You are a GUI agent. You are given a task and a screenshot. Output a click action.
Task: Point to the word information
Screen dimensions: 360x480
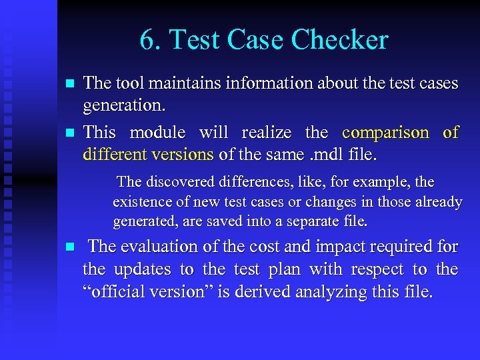tap(254, 83)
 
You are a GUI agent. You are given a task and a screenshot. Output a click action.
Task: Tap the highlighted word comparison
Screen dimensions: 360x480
tap(385, 132)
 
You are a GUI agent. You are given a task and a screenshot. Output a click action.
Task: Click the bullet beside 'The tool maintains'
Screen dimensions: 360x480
tap(67, 84)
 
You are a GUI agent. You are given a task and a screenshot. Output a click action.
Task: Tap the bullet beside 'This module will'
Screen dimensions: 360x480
tap(67, 133)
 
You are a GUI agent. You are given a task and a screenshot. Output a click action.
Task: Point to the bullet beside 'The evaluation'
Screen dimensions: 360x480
tap(67, 247)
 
